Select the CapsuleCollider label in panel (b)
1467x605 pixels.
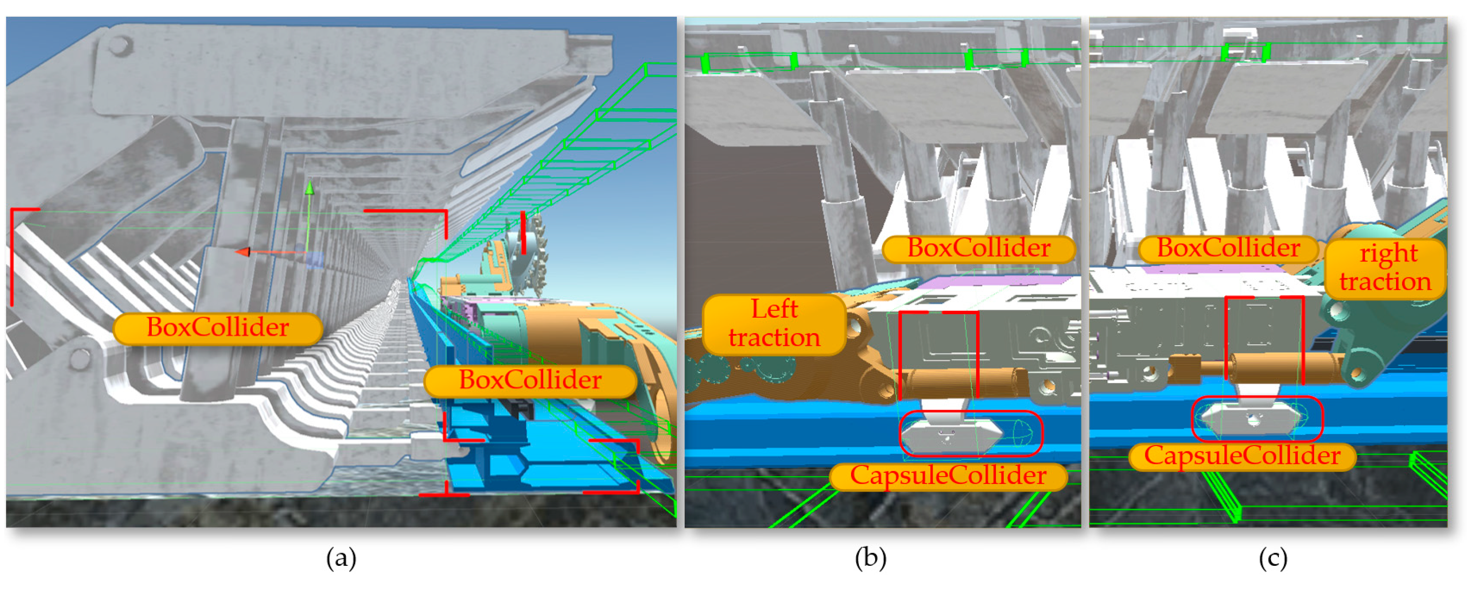click(948, 476)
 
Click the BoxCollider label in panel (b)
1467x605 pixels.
click(978, 249)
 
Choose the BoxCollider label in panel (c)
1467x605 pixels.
click(1228, 249)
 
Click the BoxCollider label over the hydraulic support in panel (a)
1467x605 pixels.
click(218, 328)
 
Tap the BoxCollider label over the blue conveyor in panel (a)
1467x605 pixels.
click(530, 380)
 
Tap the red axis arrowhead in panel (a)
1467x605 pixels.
click(243, 252)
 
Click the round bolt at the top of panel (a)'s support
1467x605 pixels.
click(119, 45)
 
